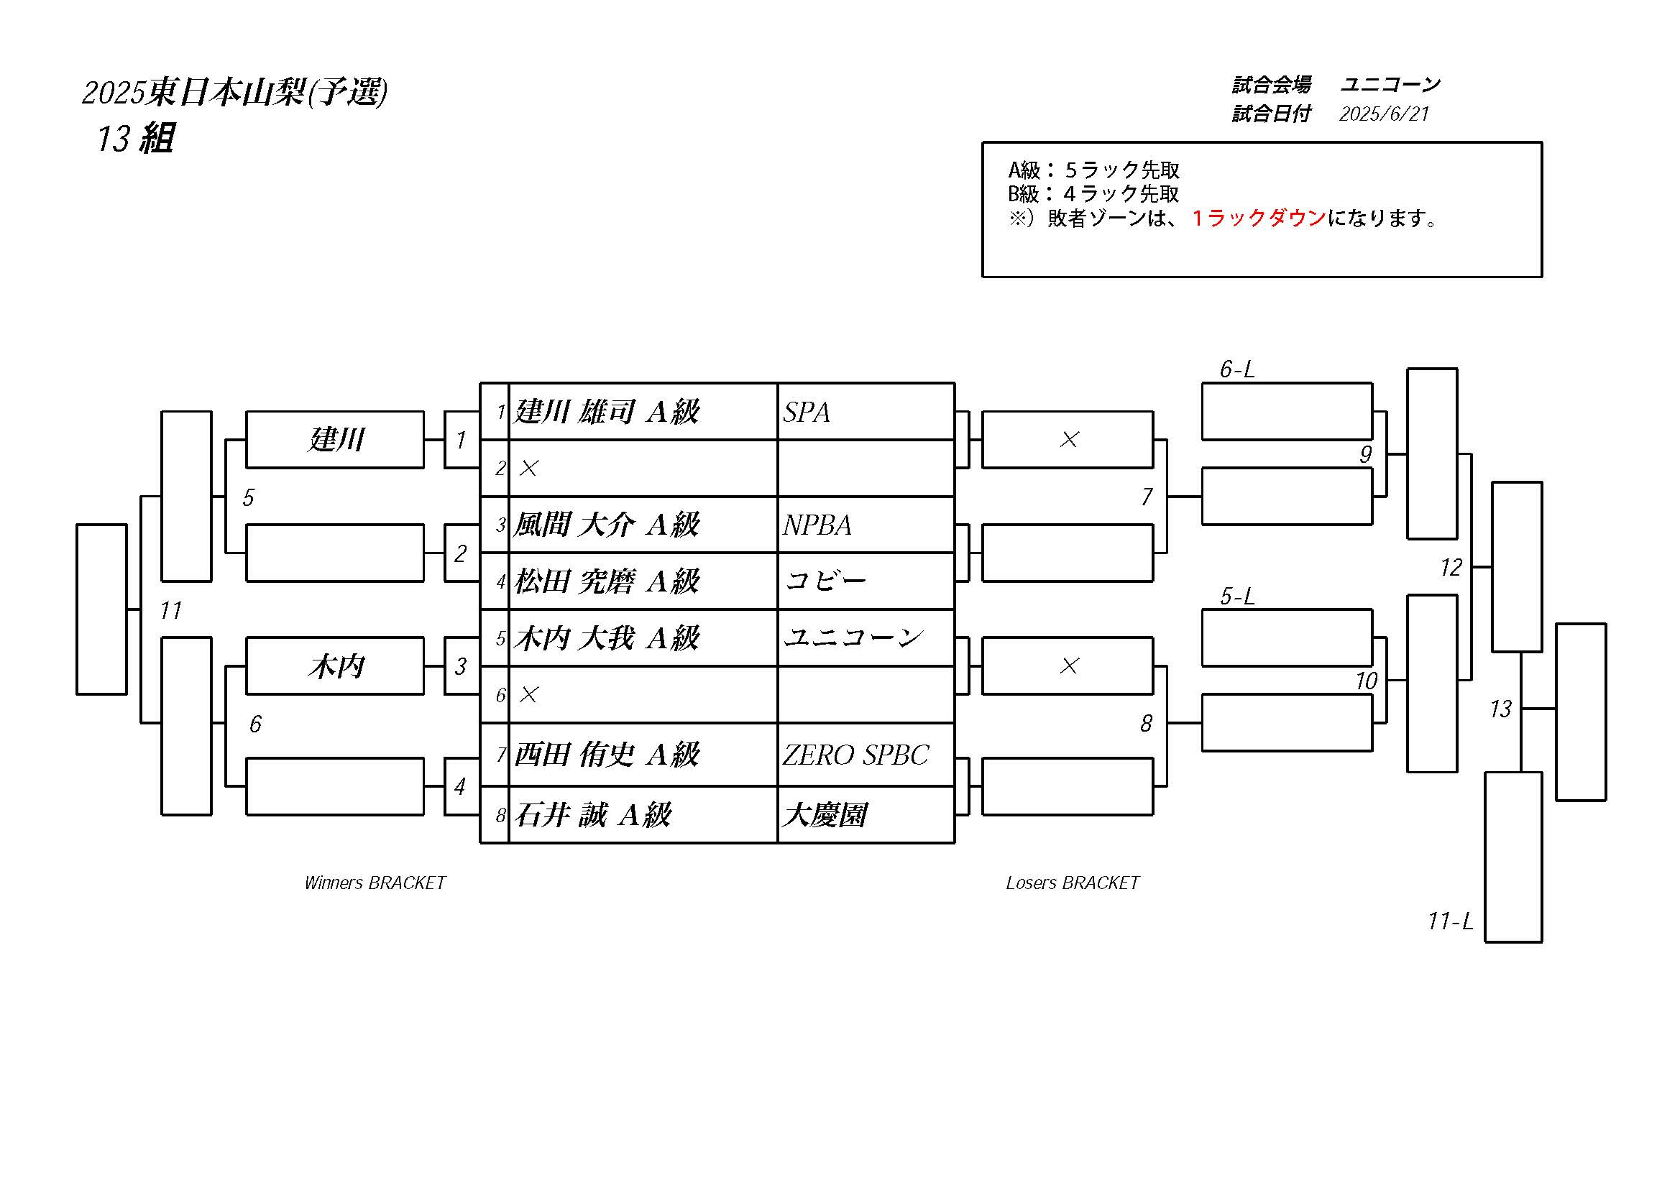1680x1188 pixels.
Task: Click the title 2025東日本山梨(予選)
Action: (235, 93)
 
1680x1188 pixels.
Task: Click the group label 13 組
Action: (135, 138)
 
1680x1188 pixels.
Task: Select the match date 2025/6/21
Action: (1384, 114)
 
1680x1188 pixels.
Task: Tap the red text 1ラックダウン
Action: (1259, 218)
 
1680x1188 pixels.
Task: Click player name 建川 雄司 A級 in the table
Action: (607, 412)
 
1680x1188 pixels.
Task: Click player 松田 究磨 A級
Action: (607, 581)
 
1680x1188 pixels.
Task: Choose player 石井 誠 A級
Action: (592, 815)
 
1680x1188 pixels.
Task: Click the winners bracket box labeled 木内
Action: (335, 666)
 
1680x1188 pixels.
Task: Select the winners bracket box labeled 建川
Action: (335, 440)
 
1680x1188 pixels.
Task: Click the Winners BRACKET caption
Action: (375, 883)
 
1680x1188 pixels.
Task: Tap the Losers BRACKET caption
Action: (1072, 883)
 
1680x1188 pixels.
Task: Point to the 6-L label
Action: (1236, 369)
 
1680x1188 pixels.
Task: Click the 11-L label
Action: (1450, 921)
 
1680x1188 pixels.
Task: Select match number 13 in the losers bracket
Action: (1500, 709)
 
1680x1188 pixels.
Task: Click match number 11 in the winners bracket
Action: (170, 610)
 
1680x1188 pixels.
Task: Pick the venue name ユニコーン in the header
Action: (1390, 85)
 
